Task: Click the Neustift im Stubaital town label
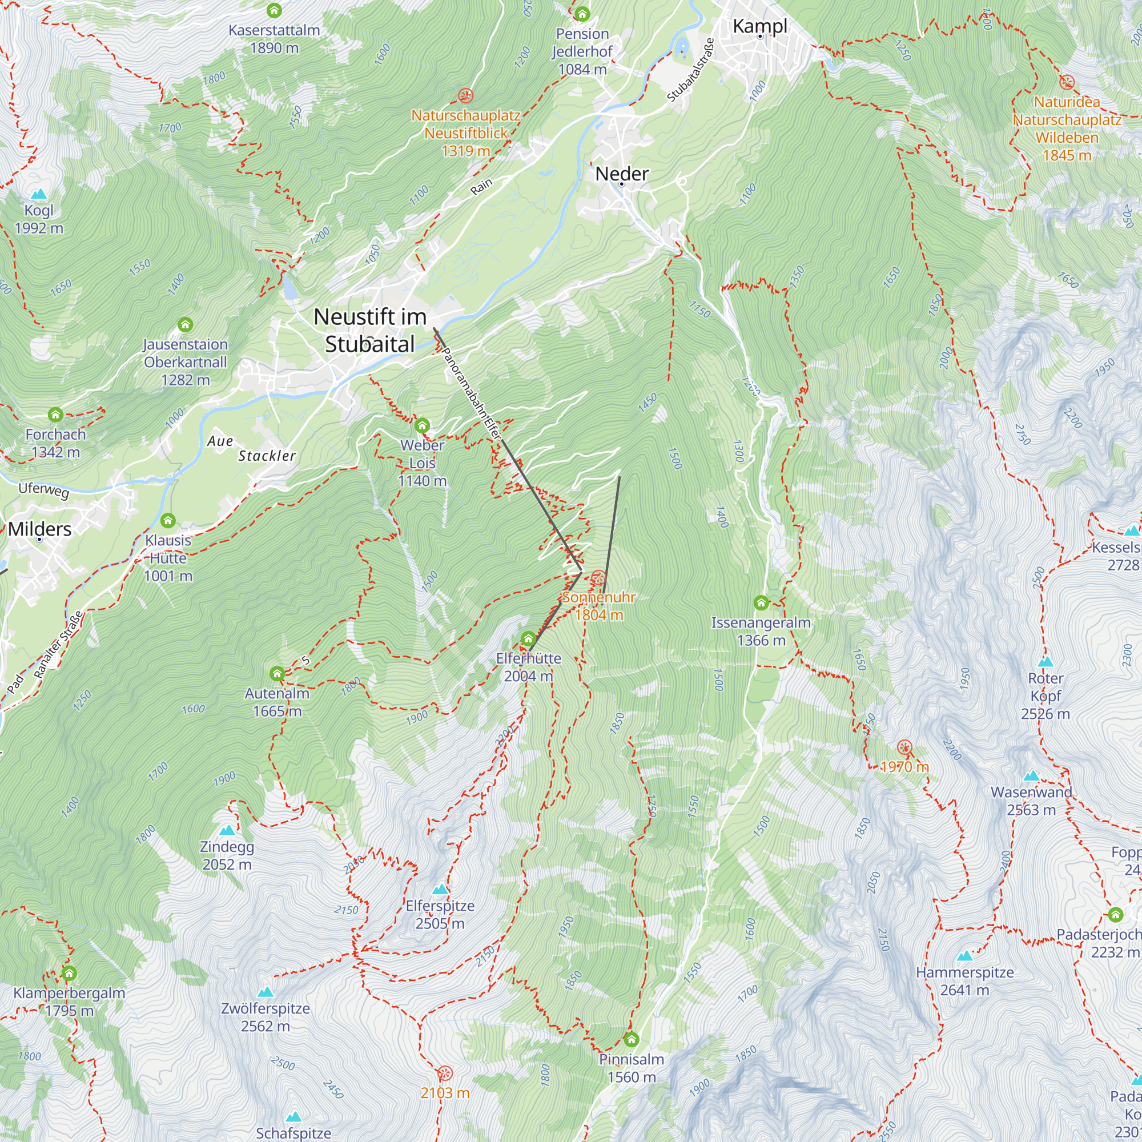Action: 370,331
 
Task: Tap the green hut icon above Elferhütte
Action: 528,639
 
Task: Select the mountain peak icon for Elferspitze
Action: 440,889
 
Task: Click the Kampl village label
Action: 759,26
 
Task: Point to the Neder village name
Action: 621,174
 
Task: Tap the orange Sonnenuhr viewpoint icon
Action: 598,577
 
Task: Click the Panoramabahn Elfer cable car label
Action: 472,393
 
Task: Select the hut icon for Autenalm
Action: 276,674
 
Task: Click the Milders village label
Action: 39,529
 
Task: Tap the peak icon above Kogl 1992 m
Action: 38,194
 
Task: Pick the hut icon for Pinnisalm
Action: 632,1040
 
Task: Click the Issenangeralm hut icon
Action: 761,603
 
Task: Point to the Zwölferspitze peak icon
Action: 266,991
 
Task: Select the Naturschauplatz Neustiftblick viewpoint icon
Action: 466,95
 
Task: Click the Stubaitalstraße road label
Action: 691,70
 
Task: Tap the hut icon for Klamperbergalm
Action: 69,974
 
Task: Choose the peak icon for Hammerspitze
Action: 964,955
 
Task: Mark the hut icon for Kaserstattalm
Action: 274,10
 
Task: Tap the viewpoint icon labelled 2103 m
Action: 444,1073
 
